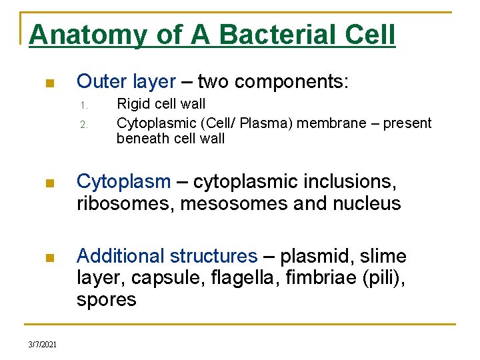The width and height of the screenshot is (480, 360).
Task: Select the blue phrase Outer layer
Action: [x=126, y=81]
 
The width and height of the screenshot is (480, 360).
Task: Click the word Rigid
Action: [x=133, y=104]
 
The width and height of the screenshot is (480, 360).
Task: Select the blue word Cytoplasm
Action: [x=124, y=181]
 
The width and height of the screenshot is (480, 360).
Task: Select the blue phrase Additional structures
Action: [x=167, y=256]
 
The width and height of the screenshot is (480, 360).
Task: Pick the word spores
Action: [x=106, y=300]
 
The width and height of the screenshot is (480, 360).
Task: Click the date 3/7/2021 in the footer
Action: [x=43, y=344]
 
